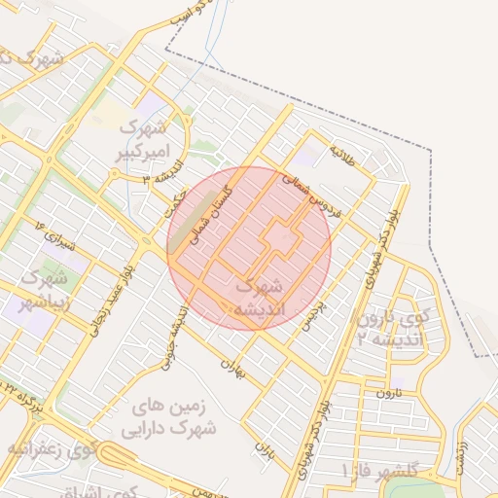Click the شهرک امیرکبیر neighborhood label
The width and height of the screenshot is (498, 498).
[x=144, y=138]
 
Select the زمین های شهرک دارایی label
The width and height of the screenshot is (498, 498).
[x=169, y=416]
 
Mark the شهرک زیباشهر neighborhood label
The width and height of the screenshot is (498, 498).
[x=45, y=289]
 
